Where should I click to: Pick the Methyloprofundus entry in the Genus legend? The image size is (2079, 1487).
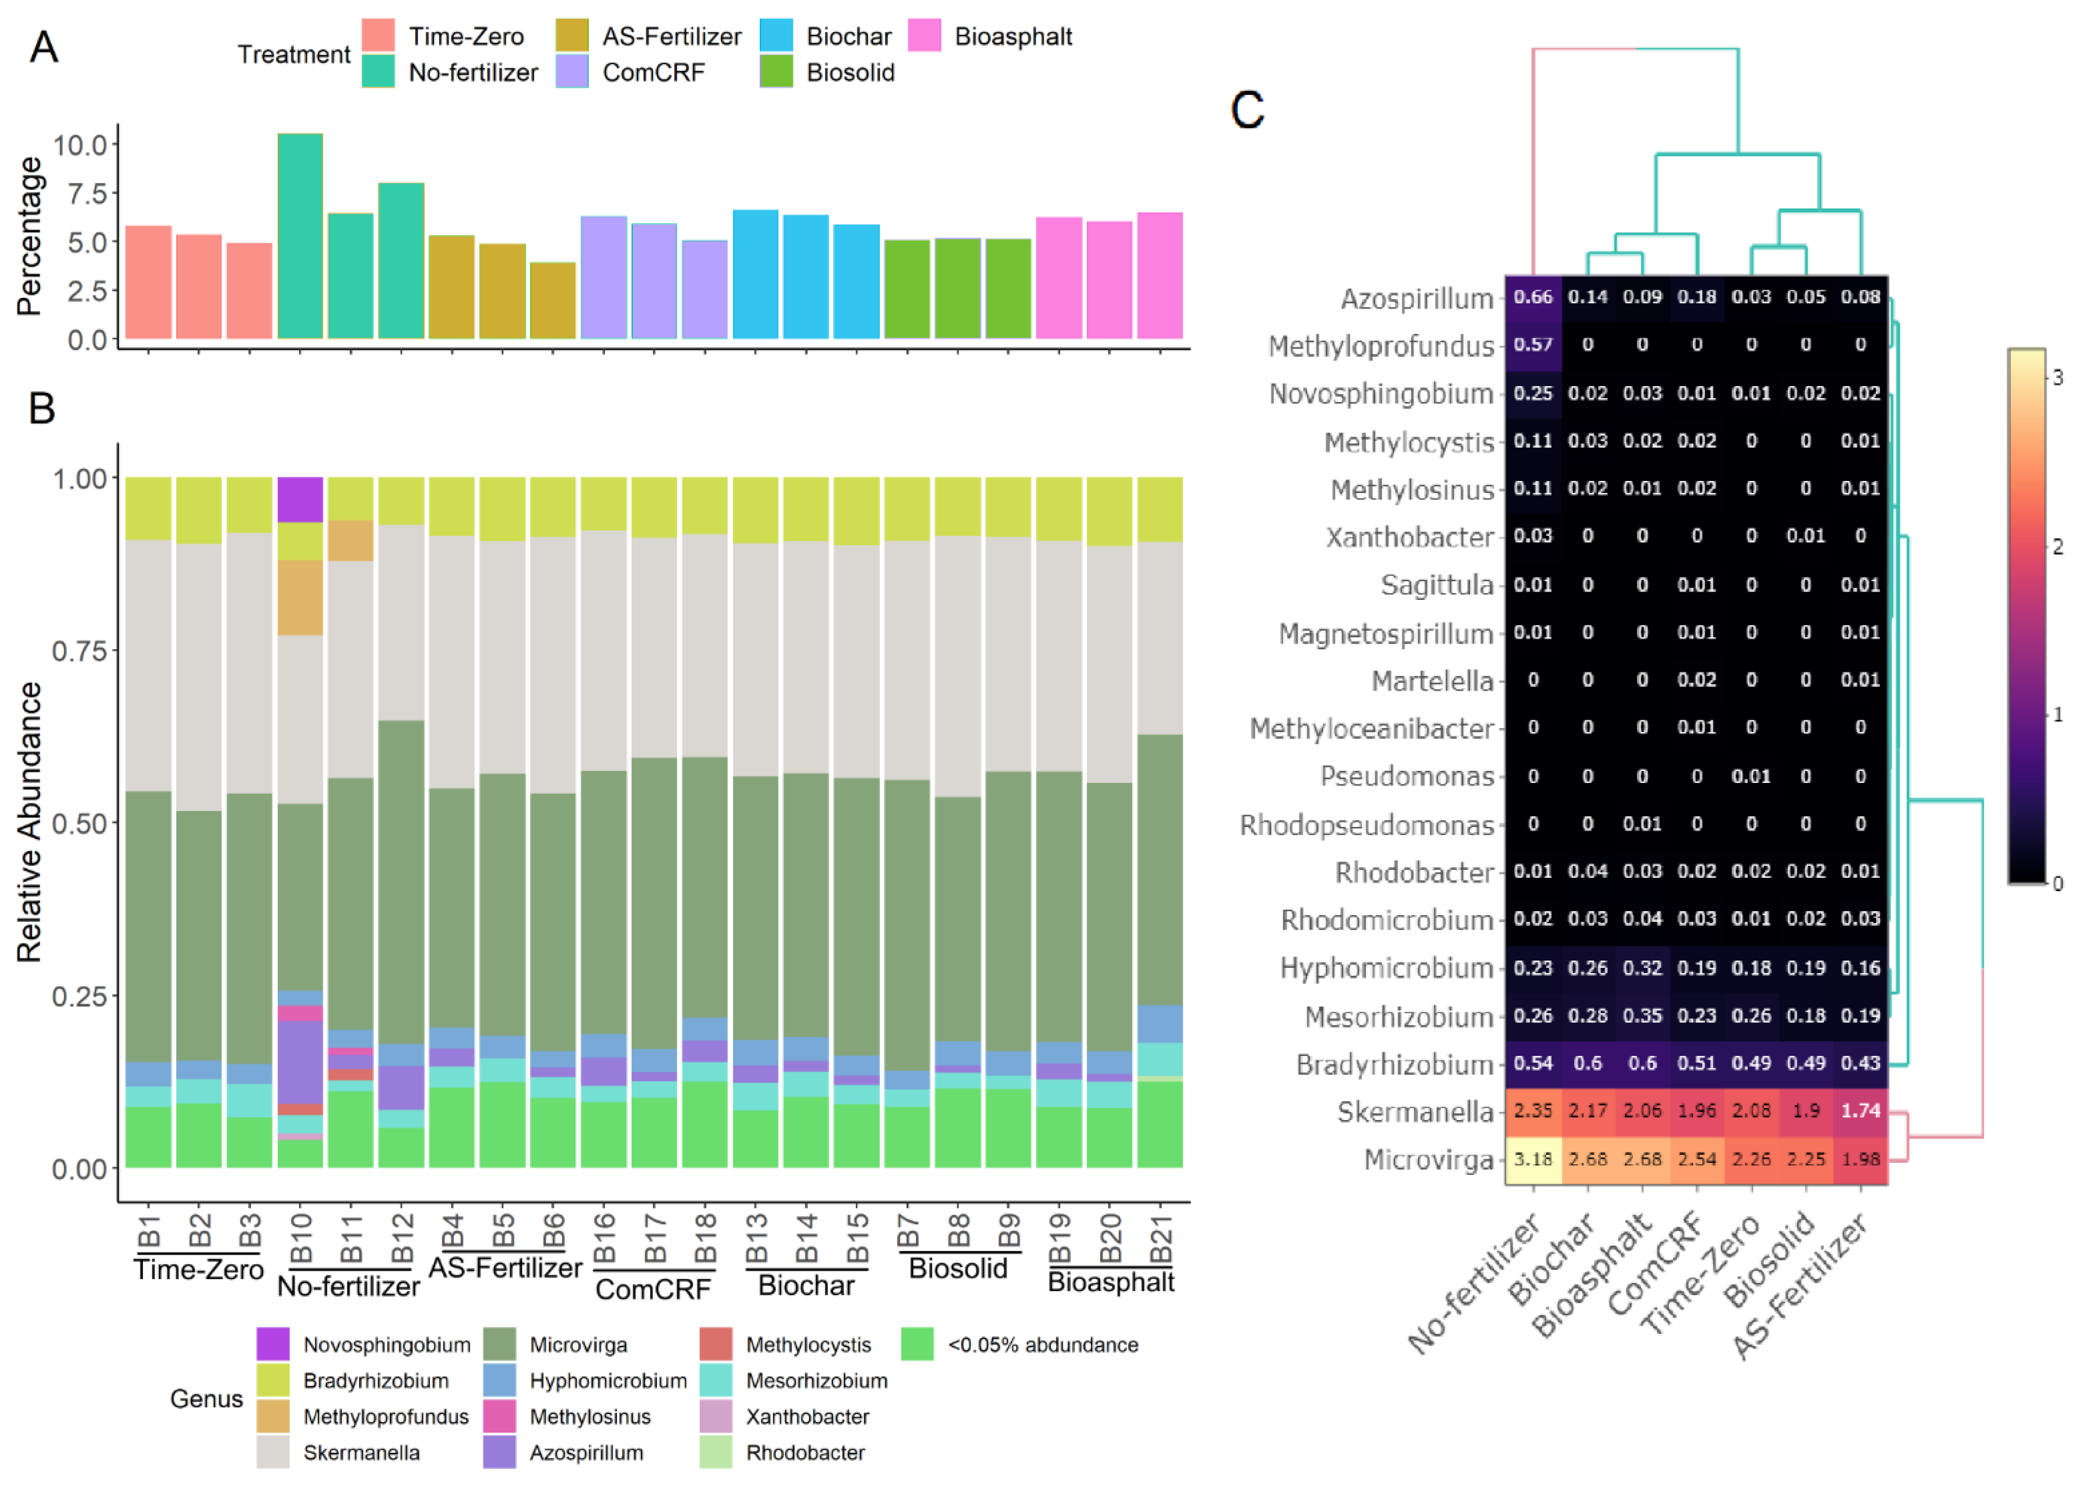pos(385,1417)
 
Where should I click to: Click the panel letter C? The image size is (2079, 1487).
pos(1247,110)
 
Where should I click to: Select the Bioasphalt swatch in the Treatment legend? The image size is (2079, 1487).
pos(925,37)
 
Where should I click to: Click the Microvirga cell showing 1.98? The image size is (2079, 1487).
pos(1860,1159)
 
